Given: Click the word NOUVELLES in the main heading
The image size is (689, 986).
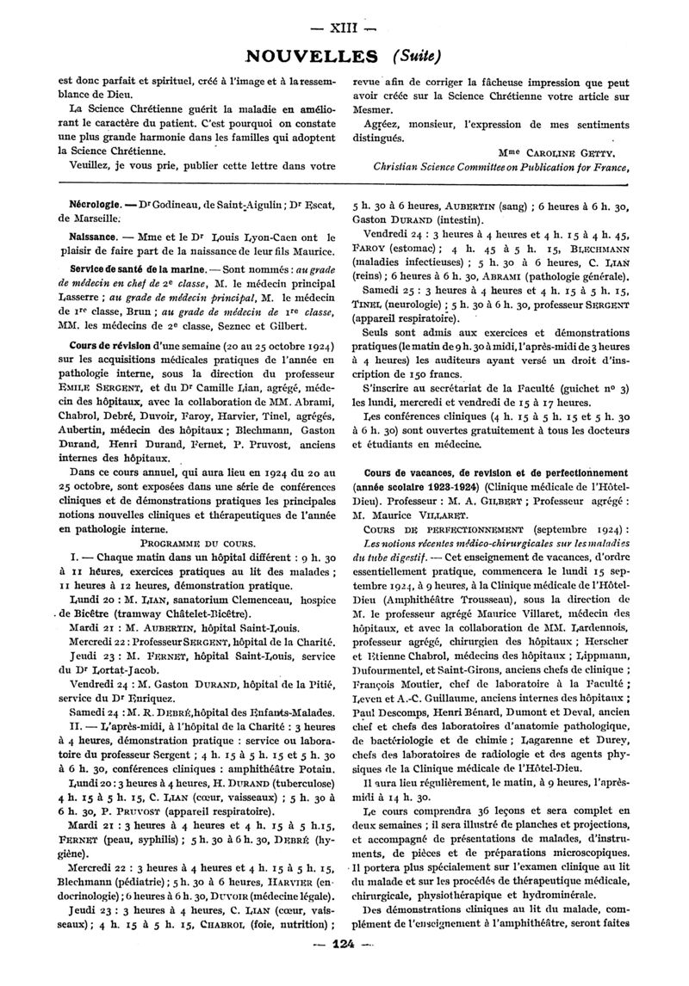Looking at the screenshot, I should (312, 55).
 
